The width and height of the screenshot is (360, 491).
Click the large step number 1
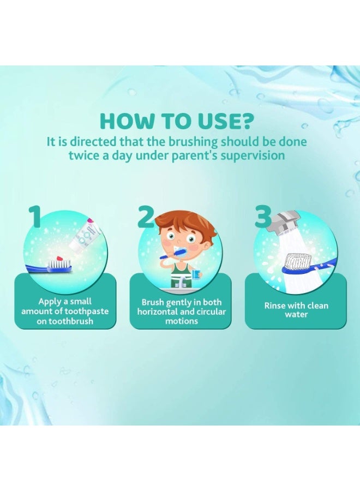point(35,217)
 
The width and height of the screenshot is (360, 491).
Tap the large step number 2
point(146,217)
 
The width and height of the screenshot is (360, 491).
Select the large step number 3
point(263,217)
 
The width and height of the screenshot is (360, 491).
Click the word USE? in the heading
point(223,122)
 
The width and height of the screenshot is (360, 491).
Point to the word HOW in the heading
point(125,122)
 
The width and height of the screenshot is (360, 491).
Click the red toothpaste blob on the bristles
point(59,259)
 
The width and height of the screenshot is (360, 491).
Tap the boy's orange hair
point(179,223)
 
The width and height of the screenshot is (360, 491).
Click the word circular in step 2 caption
point(211,312)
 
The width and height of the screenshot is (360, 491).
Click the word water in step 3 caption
point(296,315)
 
